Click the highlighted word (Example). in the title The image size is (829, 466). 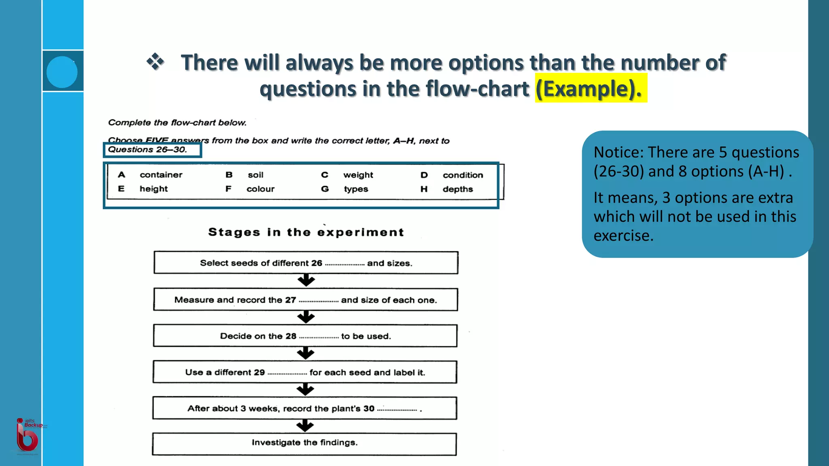590,89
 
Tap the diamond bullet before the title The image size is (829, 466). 155,62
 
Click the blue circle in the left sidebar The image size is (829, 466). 62,72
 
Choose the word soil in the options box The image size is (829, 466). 255,175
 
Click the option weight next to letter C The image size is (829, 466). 358,175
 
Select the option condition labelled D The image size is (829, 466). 463,175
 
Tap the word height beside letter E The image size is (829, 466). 153,189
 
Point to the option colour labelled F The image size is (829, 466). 260,189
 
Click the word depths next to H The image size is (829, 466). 457,189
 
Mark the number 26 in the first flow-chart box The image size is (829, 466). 317,263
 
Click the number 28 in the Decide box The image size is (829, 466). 291,336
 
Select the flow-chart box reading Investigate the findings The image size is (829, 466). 304,444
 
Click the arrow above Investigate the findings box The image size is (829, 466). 305,426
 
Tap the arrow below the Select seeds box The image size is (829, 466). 306,280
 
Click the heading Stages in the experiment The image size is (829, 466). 306,232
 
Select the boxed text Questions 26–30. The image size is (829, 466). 148,150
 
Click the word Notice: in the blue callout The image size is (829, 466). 618,153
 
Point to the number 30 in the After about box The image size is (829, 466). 369,409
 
